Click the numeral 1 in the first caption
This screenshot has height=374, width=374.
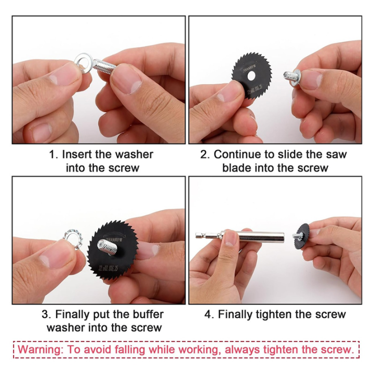click(x=52, y=154)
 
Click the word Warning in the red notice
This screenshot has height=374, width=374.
click(x=43, y=349)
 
